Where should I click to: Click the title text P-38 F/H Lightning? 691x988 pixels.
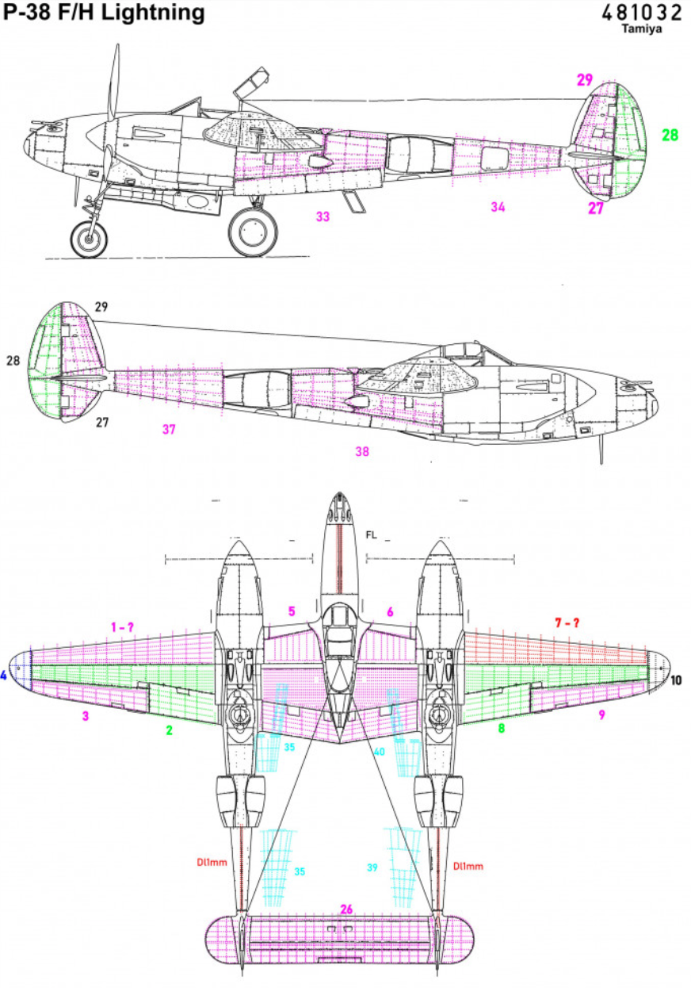click(x=104, y=13)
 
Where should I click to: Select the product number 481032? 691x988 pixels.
click(x=641, y=13)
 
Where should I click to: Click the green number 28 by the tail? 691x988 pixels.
click(x=670, y=136)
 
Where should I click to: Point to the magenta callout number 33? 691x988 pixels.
click(x=323, y=216)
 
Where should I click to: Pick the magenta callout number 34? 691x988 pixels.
click(x=498, y=207)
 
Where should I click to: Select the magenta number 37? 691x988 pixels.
click(x=169, y=430)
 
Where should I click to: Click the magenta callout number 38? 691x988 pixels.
click(x=362, y=451)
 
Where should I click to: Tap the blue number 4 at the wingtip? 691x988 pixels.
click(x=4, y=676)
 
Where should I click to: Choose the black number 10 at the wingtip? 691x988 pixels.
click(x=675, y=680)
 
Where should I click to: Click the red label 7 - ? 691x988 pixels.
click(x=567, y=623)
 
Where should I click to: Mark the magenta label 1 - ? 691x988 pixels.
click(x=122, y=626)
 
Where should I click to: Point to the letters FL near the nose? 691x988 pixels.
click(x=371, y=535)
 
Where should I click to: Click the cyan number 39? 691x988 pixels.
click(x=372, y=867)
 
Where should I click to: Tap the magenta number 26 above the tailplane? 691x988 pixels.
click(x=345, y=909)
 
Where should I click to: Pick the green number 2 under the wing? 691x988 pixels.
click(x=169, y=730)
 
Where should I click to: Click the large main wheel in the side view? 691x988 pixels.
click(x=253, y=231)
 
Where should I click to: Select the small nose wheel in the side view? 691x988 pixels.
click(x=89, y=238)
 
